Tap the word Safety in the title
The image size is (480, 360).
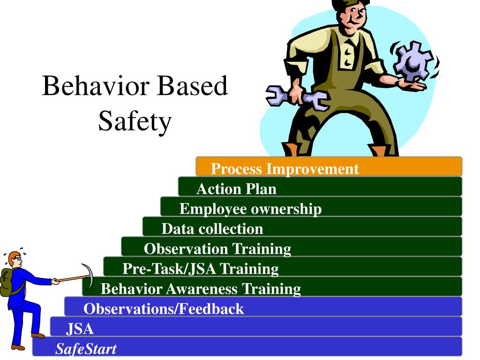coord(135,121)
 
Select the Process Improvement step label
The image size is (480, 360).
coord(285,169)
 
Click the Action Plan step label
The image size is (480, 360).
coord(236,188)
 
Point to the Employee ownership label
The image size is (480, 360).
coord(250,209)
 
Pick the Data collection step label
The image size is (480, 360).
coord(212,229)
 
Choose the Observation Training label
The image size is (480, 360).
coord(217,249)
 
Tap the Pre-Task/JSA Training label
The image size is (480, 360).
coord(201,269)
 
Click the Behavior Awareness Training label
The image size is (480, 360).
coord(201,289)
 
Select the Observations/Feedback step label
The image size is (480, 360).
coord(164,308)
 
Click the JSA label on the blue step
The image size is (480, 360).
coord(80,329)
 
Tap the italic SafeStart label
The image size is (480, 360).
coord(86,349)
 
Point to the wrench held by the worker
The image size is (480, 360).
coord(297,97)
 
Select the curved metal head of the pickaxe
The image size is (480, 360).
coord(89,276)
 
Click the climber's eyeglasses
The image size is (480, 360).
coord(18,259)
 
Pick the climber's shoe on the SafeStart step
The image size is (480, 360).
coord(18,347)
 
